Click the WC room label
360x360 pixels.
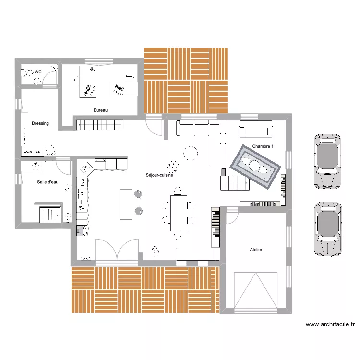[x=37, y=72]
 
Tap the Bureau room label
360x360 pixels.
[x=100, y=111]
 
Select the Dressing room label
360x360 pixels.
[x=40, y=123]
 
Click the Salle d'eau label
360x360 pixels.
[x=48, y=182]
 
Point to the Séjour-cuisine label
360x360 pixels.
[x=159, y=176]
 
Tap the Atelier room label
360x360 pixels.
[x=256, y=250]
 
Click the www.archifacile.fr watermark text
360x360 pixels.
[x=330, y=324]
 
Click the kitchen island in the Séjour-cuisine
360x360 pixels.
[x=126, y=204]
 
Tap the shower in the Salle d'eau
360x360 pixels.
[x=48, y=214]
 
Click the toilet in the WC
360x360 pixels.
[x=28, y=72]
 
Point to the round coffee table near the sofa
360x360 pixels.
[x=190, y=154]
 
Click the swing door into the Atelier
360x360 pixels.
[x=232, y=216]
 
